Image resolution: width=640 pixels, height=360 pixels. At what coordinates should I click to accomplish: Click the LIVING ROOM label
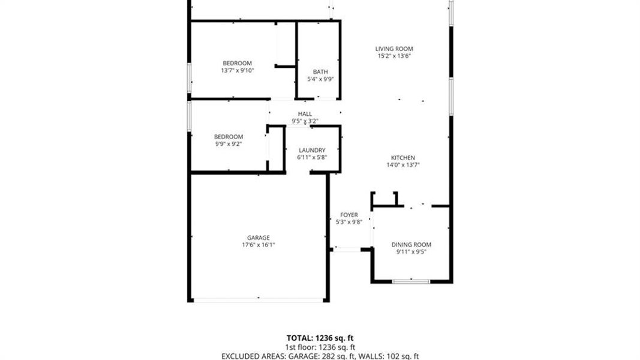click(x=394, y=49)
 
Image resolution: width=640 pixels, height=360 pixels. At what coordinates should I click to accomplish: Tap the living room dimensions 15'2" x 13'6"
click(x=394, y=56)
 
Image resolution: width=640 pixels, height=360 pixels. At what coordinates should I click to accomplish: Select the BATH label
click(x=320, y=71)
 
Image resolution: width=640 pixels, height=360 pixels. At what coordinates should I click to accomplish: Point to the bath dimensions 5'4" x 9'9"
click(x=320, y=79)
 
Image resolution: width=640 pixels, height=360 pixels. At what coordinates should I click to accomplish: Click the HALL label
click(x=305, y=113)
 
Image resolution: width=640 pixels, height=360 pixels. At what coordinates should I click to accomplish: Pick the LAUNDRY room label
click(x=311, y=150)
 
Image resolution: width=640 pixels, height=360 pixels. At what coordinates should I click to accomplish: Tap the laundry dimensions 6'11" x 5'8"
click(x=311, y=157)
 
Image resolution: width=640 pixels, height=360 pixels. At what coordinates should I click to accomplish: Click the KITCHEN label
click(x=401, y=157)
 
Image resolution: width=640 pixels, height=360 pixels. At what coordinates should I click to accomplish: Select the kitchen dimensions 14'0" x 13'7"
click(x=401, y=164)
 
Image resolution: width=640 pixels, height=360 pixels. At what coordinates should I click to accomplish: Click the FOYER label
click(x=349, y=214)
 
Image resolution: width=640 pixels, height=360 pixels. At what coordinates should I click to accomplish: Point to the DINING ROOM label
click(x=411, y=244)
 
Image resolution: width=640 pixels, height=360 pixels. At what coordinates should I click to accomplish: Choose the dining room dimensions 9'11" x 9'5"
click(x=411, y=252)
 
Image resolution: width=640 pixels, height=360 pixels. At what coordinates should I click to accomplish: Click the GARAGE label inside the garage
click(x=259, y=237)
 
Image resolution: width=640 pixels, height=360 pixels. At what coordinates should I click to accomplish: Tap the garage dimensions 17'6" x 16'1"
click(x=259, y=244)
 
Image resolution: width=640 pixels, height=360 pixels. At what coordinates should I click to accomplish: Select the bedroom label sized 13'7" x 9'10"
click(x=238, y=63)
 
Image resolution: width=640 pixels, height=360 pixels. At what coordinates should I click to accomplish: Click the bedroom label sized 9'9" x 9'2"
click(x=229, y=136)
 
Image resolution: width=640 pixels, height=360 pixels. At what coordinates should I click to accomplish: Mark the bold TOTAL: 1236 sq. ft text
click(x=320, y=338)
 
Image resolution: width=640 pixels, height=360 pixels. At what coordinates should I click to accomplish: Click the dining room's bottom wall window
click(x=411, y=281)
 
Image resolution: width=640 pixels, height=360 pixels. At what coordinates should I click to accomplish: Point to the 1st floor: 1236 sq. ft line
click(x=320, y=347)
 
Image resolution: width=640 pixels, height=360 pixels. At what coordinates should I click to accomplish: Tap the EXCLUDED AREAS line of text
click(x=320, y=356)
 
